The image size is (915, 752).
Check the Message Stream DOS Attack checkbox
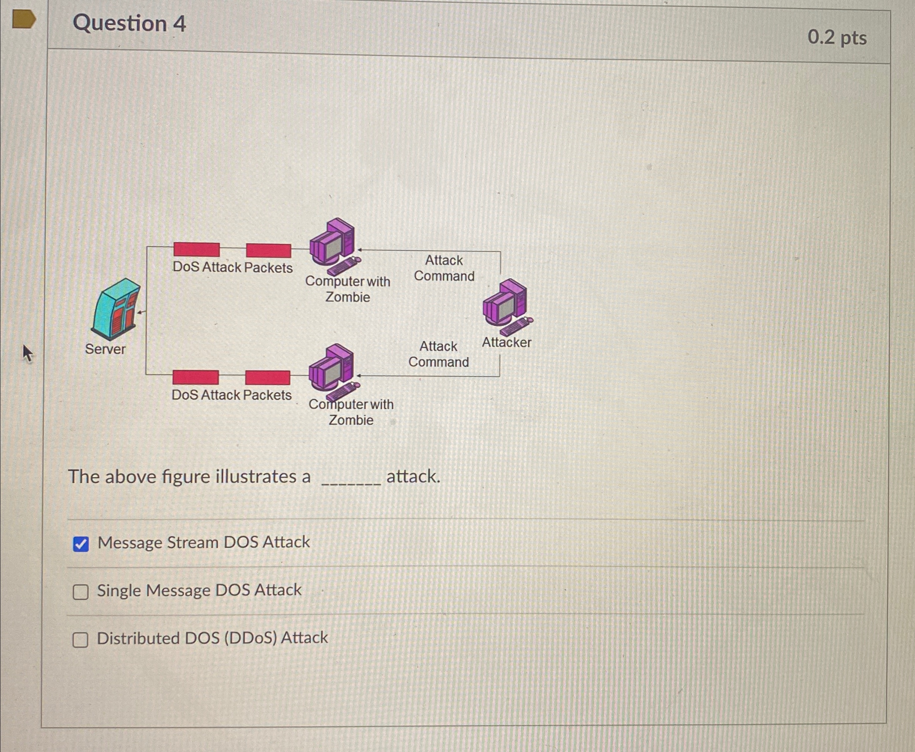81,544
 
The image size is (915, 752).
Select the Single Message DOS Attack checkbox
81,592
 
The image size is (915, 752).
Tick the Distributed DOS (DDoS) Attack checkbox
80,639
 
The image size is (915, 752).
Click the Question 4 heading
129,23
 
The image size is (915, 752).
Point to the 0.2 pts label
837,38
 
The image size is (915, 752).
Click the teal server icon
116,308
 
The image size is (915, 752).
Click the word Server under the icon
105,349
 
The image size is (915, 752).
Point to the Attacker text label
506,343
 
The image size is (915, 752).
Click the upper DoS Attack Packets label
232,267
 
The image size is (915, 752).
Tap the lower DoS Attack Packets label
232,395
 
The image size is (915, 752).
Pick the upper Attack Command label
444,268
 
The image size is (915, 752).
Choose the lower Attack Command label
438,354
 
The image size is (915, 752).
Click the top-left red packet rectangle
197,250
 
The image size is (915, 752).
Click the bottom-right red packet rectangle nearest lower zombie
267,378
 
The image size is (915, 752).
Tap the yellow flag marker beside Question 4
23,20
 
